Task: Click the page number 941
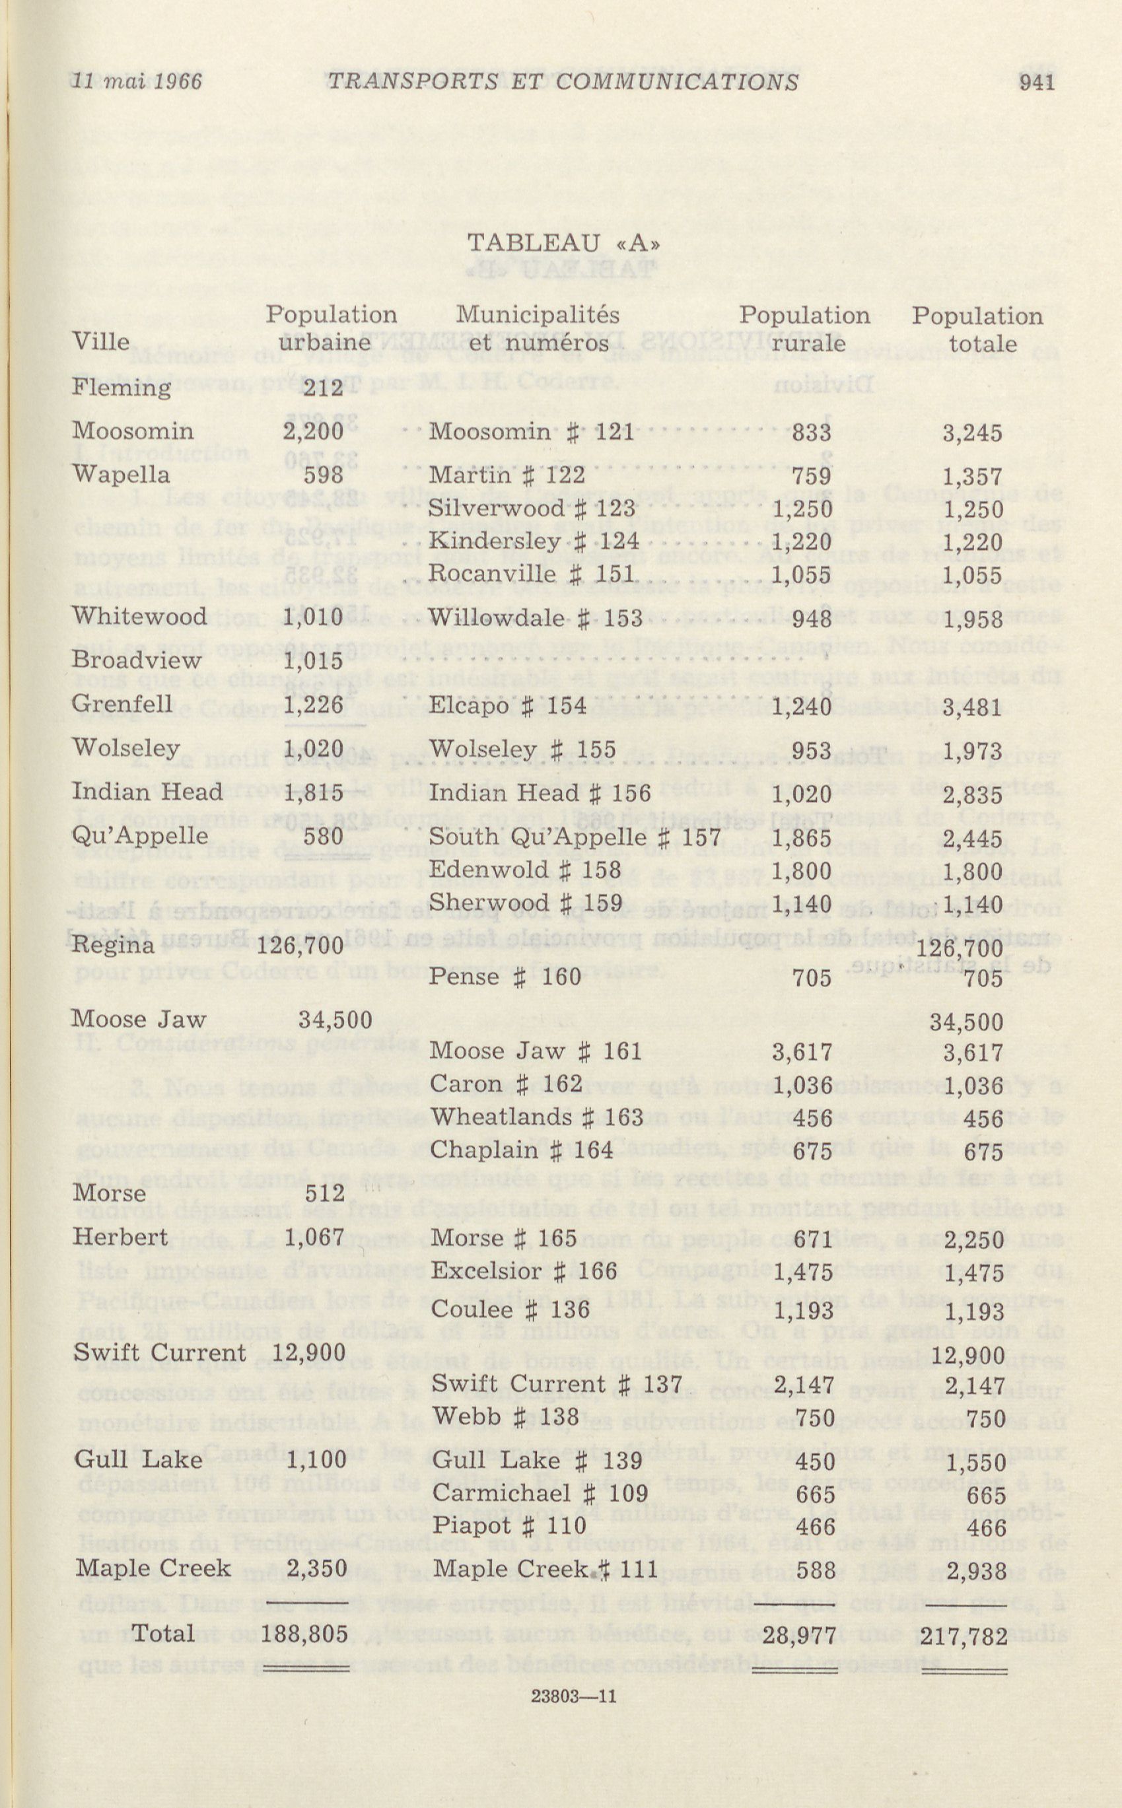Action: [x=1037, y=82]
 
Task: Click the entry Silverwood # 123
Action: [x=532, y=508]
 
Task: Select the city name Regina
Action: [x=113, y=945]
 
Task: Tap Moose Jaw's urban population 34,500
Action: [x=335, y=1020]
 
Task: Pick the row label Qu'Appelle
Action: [x=139, y=836]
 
